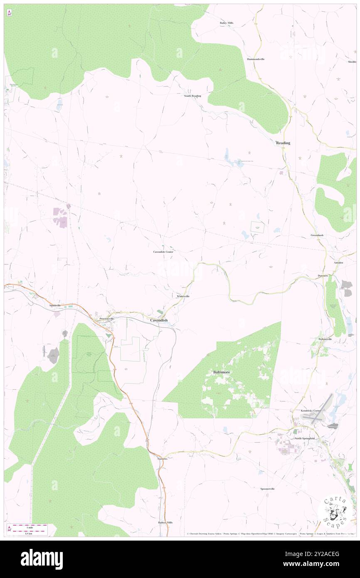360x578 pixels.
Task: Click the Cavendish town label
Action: click(x=159, y=320)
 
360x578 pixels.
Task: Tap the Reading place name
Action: click(x=283, y=143)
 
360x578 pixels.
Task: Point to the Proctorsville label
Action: click(x=106, y=319)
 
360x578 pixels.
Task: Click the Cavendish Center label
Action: click(x=163, y=252)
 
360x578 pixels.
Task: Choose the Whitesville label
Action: click(x=183, y=296)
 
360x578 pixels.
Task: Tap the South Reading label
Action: click(x=192, y=96)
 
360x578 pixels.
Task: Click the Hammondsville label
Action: click(x=256, y=59)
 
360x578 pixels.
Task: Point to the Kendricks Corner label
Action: click(x=311, y=410)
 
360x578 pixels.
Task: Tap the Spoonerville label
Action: click(x=267, y=489)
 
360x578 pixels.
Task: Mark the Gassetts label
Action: click(x=163, y=458)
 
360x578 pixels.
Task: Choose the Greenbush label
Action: click(x=317, y=235)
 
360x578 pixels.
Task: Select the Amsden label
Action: click(x=338, y=263)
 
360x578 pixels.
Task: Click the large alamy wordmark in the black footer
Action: click(x=42, y=559)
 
